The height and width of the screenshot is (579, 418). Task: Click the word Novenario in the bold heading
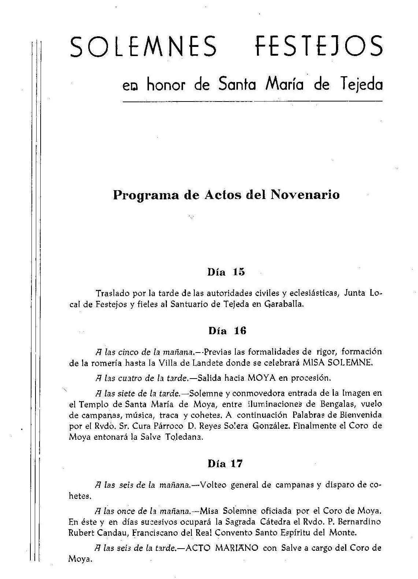(x=305, y=195)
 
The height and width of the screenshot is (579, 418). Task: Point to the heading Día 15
(x=226, y=272)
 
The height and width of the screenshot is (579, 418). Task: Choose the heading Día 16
(x=227, y=331)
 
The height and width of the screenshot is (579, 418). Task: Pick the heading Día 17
(x=225, y=464)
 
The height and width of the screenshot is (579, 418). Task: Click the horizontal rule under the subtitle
(x=253, y=101)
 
